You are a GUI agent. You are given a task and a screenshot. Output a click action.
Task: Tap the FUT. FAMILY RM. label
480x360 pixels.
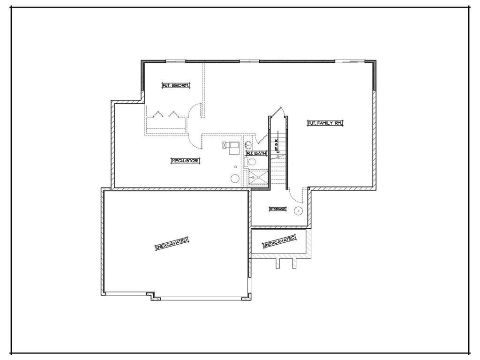[325, 123]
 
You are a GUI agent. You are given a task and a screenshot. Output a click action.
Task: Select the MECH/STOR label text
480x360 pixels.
[185, 161]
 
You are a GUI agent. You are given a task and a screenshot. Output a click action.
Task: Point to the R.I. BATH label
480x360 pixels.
[256, 153]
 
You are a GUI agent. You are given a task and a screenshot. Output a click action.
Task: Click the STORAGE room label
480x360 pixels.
[277, 209]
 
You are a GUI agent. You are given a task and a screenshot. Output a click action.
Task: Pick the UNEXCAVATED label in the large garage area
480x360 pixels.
[172, 243]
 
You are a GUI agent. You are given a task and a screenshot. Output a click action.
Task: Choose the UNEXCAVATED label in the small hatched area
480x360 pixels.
[279, 242]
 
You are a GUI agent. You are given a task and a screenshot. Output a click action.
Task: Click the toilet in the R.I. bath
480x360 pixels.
[251, 162]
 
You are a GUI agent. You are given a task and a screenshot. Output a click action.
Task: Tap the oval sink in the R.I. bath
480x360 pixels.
[248, 143]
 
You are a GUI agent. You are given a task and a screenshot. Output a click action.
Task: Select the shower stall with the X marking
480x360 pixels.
[257, 178]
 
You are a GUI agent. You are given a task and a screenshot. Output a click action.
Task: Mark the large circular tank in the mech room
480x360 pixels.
[235, 178]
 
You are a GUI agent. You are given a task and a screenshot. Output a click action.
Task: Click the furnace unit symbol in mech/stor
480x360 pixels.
[230, 148]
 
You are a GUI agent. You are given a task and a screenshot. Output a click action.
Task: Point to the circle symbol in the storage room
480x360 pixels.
[298, 211]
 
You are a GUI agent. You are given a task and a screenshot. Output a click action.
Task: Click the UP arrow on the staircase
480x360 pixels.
[277, 146]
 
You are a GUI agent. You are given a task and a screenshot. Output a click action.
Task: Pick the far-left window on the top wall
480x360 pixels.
[176, 61]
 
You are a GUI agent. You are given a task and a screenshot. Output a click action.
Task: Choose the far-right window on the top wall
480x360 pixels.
[350, 61]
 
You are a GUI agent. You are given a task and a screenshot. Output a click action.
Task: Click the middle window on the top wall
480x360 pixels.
[249, 61]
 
